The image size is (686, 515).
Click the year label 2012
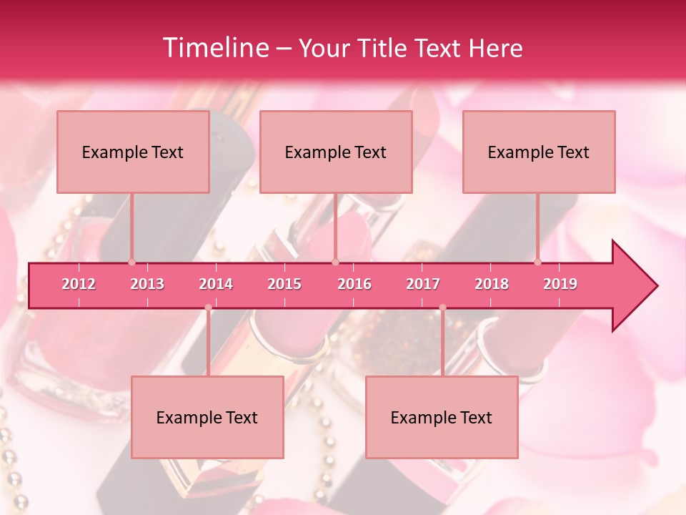[79, 284]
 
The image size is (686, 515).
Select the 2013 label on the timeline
[147, 284]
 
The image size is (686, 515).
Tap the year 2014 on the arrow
[216, 284]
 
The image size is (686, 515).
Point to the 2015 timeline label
[284, 284]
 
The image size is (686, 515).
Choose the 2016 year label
[354, 284]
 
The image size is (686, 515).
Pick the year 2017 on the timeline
[423, 284]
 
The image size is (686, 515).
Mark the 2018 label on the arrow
[492, 284]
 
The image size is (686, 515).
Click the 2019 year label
[560, 284]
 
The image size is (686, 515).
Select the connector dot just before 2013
[131, 262]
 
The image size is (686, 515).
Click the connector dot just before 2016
[335, 262]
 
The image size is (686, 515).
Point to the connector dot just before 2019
[538, 262]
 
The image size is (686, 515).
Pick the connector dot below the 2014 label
[208, 308]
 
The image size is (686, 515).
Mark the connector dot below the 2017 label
[442, 308]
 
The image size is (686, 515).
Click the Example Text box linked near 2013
[133, 152]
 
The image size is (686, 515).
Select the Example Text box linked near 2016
[336, 152]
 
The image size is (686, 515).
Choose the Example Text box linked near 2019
[539, 152]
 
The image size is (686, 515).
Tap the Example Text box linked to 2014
[207, 417]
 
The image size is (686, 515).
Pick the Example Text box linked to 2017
[442, 417]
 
